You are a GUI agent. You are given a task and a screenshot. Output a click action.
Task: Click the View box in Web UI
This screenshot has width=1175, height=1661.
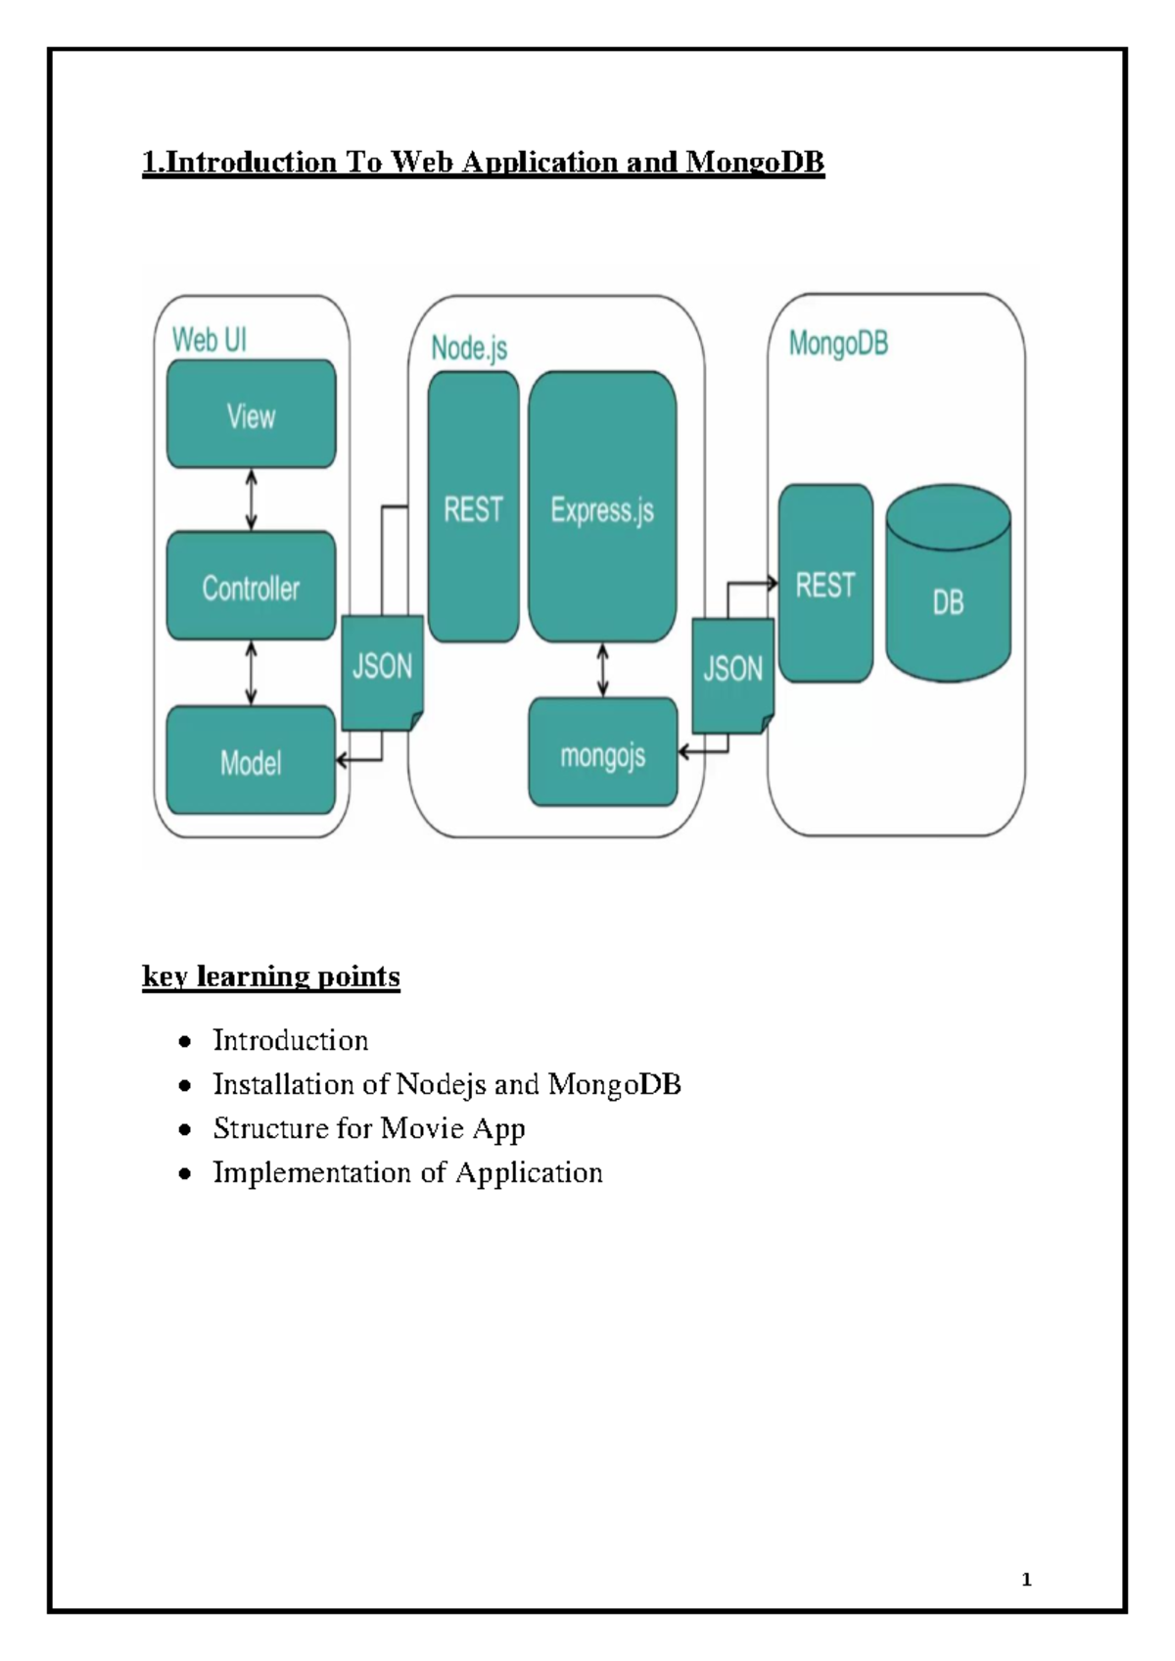251,414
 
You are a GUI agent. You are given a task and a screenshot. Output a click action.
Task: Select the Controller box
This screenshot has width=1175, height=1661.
251,587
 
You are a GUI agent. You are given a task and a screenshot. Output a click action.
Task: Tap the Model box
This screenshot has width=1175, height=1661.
251,761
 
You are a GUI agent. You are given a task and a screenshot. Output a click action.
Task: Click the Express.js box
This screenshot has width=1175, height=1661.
602,507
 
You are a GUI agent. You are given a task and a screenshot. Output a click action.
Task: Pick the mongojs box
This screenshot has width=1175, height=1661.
602,753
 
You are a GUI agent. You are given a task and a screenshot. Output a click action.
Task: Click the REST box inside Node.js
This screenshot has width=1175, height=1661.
473,507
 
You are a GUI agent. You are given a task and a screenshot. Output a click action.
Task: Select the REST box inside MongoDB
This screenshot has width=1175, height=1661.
825,584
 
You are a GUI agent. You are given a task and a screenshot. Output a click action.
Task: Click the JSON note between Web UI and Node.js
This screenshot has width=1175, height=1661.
382,670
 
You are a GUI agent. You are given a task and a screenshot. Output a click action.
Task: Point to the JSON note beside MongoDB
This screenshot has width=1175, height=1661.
732,674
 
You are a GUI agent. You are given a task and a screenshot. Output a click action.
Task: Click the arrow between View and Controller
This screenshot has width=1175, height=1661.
252,499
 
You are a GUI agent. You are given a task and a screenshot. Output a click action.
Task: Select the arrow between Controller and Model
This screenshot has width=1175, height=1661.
252,673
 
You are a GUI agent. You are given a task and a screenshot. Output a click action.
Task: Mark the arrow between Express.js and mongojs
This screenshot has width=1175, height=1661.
602,670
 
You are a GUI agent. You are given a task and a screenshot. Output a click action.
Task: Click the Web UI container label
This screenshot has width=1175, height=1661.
210,340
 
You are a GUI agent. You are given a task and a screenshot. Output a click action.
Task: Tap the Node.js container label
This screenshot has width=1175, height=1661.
469,348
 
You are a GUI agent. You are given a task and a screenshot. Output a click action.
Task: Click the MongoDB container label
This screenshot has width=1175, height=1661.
838,344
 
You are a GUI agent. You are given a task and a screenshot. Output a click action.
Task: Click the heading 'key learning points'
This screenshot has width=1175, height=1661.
271,976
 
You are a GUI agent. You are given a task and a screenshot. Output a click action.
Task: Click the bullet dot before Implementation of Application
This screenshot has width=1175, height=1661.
185,1173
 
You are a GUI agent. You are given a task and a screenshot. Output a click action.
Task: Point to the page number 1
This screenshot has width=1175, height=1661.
1026,1579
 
